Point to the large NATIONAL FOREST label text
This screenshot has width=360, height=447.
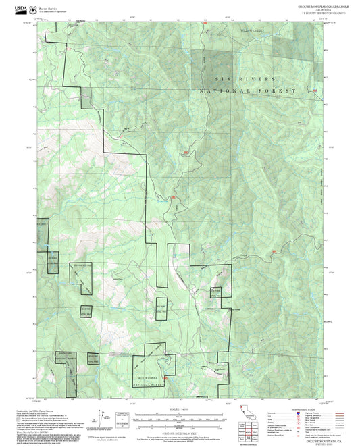click(x=248, y=90)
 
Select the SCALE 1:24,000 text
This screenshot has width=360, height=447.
click(x=179, y=408)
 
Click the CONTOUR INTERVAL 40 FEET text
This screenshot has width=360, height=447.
click(x=179, y=428)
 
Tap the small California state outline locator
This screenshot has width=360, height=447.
click(x=247, y=413)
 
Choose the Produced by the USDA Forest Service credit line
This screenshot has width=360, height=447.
click(x=54, y=409)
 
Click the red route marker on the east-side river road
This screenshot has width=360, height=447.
click(x=274, y=252)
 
